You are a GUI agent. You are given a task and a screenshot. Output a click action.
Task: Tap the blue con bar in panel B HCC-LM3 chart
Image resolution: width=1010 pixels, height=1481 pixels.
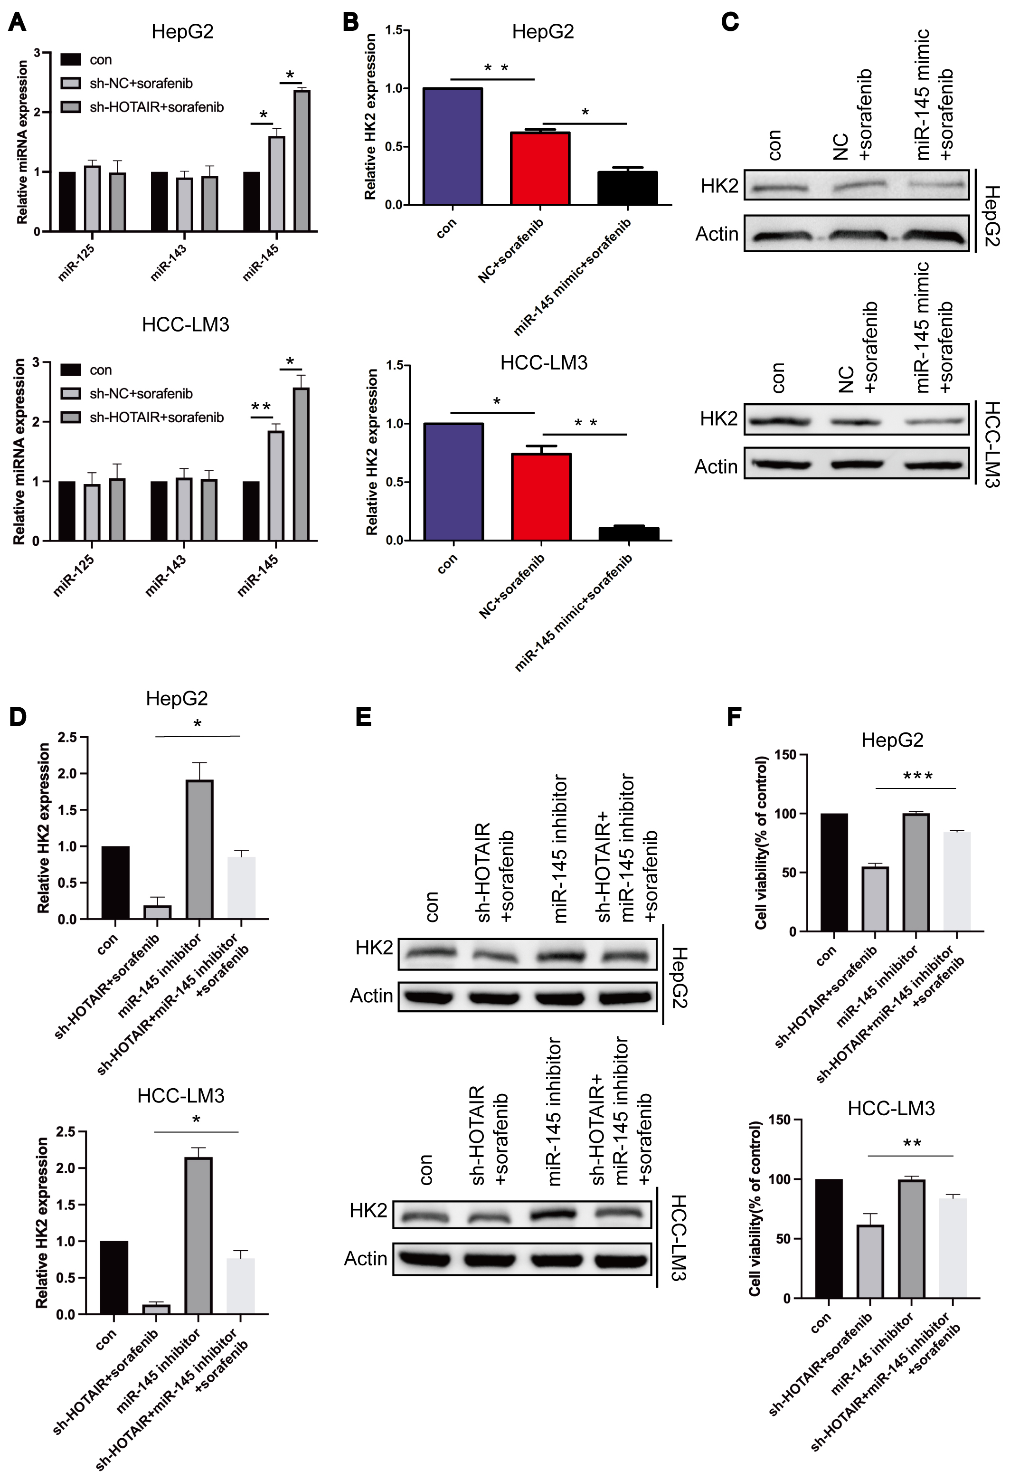pos(453,482)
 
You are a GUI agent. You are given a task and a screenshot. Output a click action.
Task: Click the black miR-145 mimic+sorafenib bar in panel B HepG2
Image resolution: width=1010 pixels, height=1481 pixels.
pos(628,188)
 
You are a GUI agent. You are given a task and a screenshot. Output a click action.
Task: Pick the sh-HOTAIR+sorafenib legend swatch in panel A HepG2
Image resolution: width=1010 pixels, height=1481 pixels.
pos(71,107)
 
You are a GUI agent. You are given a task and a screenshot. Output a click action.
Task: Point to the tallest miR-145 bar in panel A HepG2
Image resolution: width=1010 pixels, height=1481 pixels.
pos(302,161)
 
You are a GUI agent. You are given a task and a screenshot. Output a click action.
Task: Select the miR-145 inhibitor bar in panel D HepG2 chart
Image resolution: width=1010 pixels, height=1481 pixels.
pos(199,849)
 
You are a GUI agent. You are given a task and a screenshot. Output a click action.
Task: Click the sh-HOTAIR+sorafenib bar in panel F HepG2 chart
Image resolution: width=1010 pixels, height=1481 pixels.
pos(875,899)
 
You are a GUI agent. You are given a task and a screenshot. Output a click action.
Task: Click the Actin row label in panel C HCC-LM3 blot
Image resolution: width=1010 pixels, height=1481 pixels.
pos(716,466)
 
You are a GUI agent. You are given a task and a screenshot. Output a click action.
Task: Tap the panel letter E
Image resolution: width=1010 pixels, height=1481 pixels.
pos(363,717)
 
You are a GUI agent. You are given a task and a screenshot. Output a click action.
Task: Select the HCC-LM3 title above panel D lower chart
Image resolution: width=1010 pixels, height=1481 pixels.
pos(181,1095)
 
